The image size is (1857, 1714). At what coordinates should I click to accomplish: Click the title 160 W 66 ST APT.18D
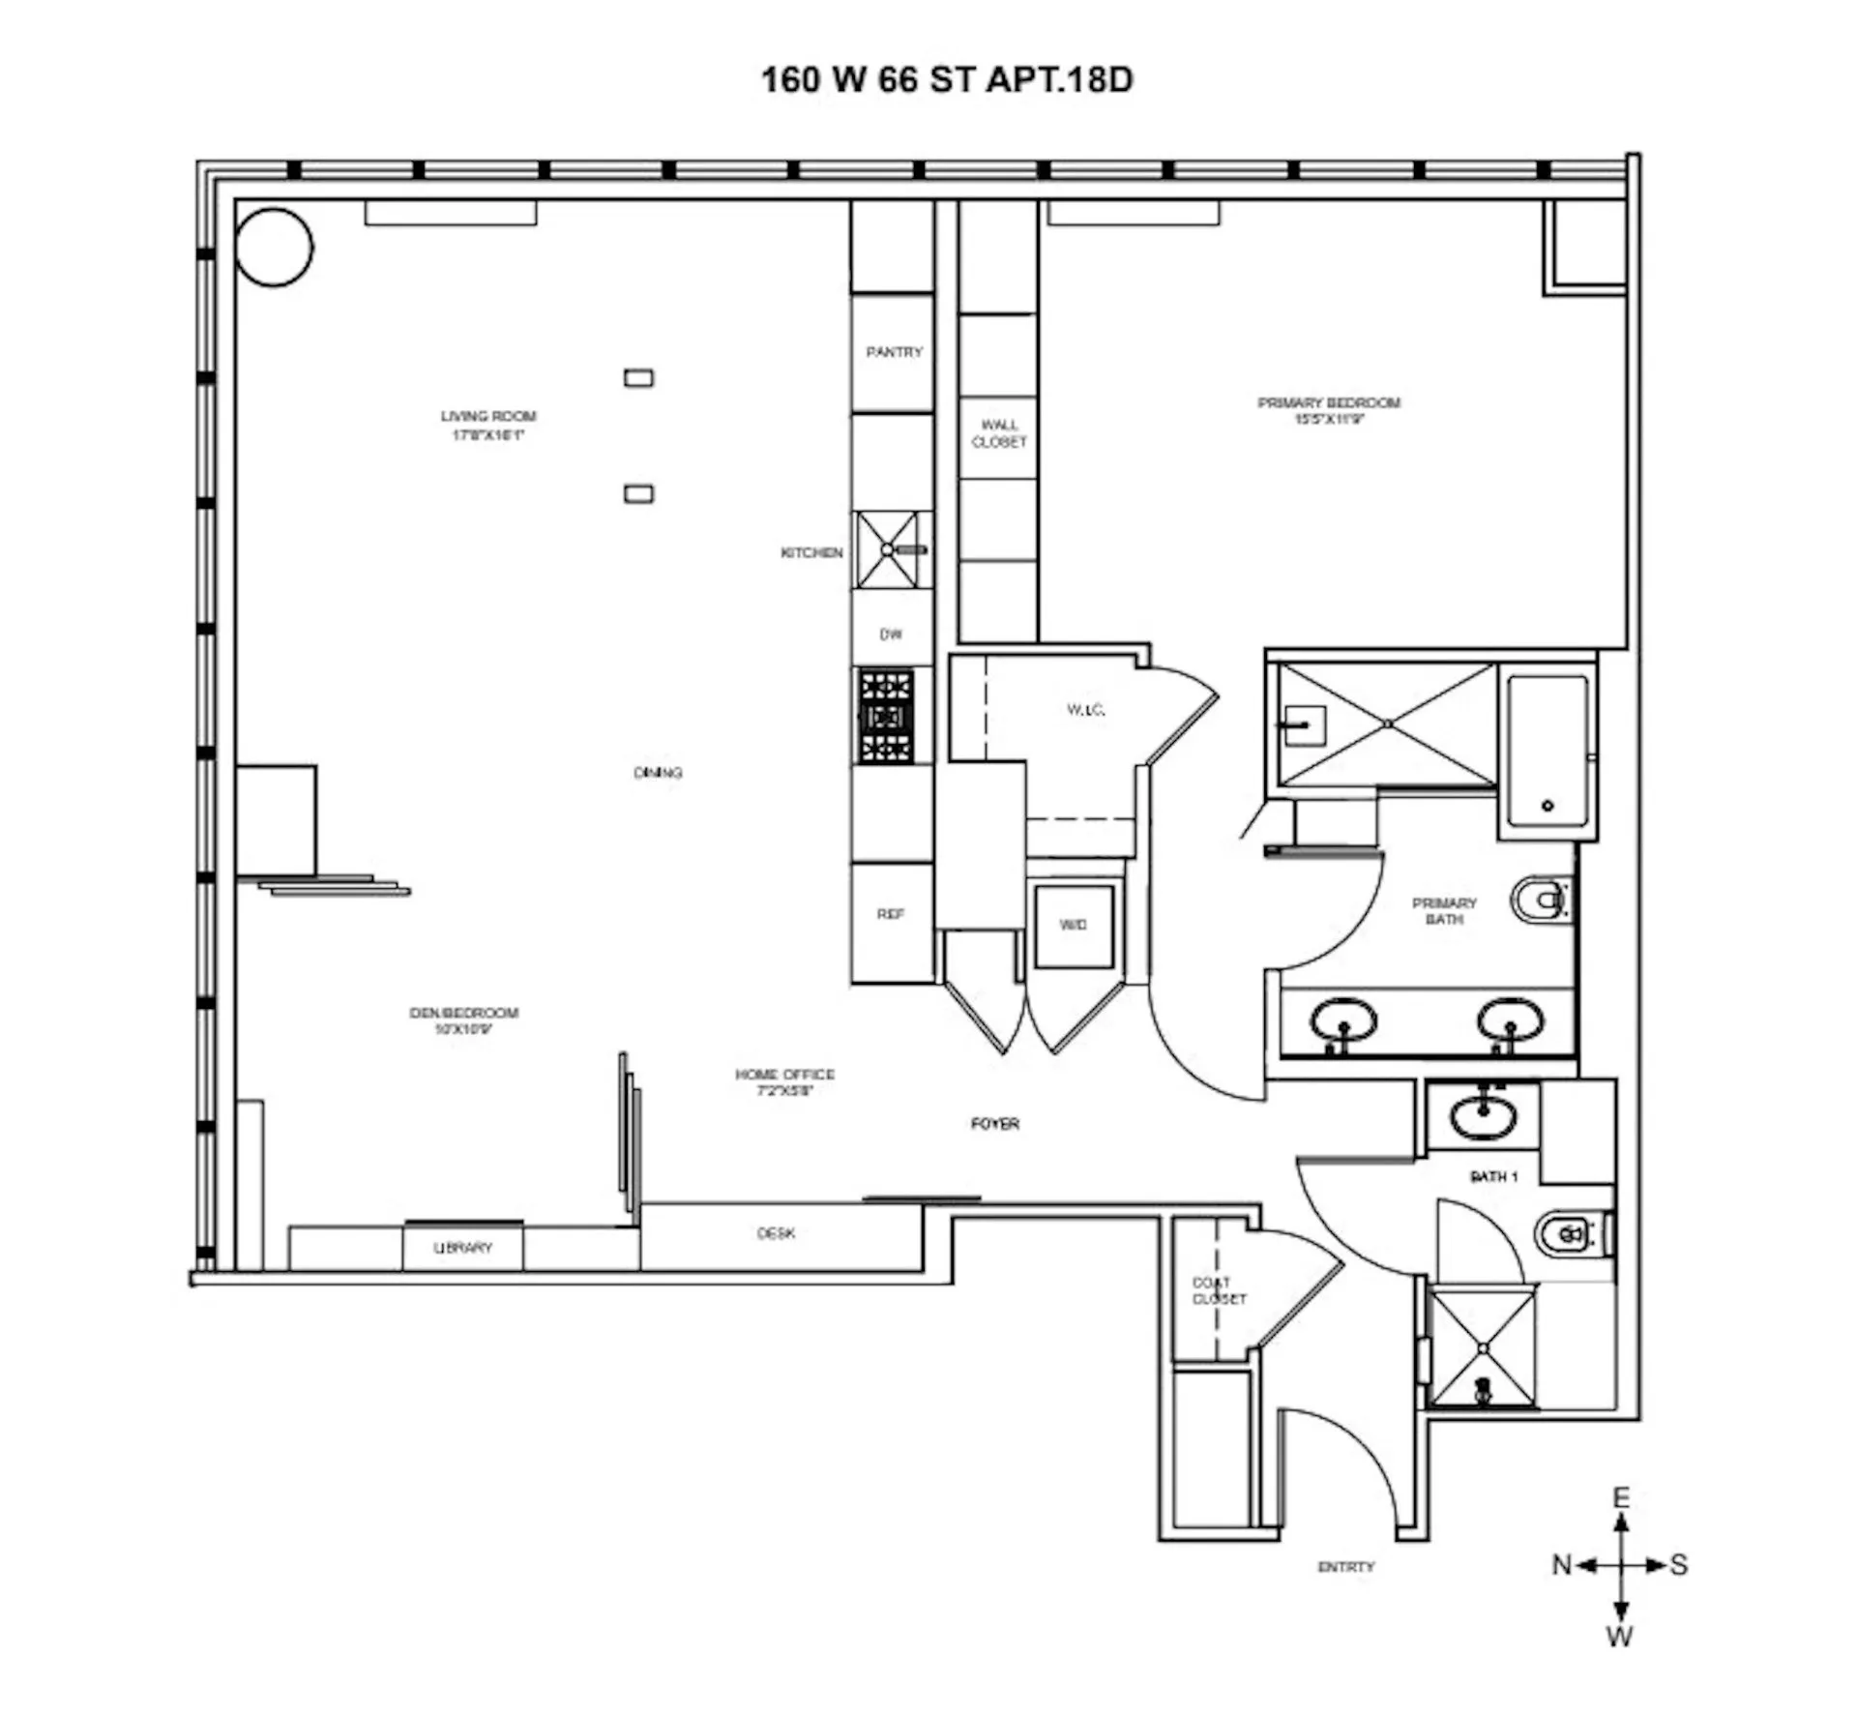point(946,79)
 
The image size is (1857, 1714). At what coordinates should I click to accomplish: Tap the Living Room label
point(488,425)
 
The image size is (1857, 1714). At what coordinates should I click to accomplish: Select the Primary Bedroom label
point(1328,410)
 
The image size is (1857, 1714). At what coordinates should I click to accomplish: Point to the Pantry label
point(894,352)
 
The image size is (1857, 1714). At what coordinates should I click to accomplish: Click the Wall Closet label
point(999,432)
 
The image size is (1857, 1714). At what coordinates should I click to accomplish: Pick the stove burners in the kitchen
point(886,717)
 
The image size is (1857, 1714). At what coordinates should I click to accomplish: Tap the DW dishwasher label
point(891,635)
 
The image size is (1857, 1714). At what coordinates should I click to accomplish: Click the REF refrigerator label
point(891,913)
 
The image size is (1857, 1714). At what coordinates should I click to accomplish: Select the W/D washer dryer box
point(1074,926)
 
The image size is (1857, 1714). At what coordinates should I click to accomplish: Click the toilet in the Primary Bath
point(1542,901)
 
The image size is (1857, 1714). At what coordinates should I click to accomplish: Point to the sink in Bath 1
point(1483,1116)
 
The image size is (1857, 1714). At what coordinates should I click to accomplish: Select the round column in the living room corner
point(275,248)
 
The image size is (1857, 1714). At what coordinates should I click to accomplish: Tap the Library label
point(462,1248)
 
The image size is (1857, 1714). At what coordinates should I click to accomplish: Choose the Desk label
point(776,1233)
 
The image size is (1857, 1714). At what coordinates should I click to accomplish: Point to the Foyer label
point(994,1123)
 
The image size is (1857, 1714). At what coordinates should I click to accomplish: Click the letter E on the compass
point(1621,1498)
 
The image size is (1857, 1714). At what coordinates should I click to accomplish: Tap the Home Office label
point(784,1081)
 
